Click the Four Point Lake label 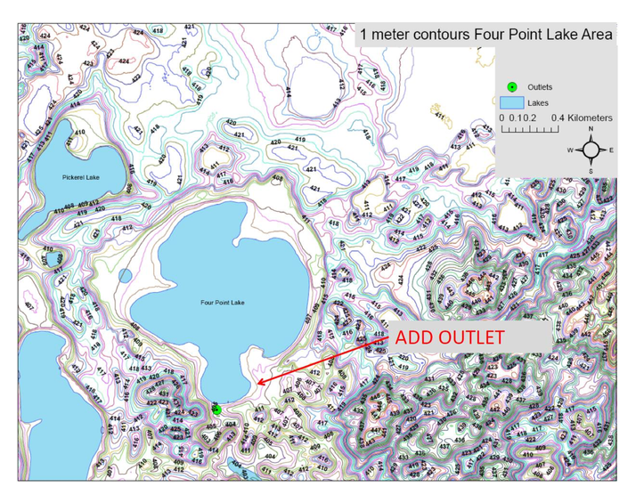coord(223,303)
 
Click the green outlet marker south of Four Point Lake coord(216,410)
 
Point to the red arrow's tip coord(257,384)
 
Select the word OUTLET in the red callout coord(473,338)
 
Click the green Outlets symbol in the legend coord(511,86)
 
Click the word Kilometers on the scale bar coord(583,118)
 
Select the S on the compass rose coord(591,170)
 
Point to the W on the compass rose coord(571,150)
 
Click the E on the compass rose coord(611,150)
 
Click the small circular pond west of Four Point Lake coord(126,276)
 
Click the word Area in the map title coord(594,35)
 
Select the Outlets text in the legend coord(541,87)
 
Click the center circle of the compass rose coord(591,150)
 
